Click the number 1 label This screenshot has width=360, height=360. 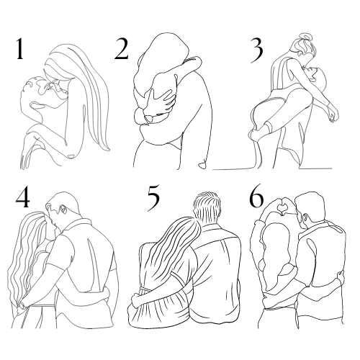click(19, 49)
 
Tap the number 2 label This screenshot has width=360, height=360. click(122, 49)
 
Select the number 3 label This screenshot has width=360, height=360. click(257, 51)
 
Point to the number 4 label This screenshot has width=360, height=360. click(23, 199)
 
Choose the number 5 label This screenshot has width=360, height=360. click(153, 199)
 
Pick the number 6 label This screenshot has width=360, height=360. click(256, 199)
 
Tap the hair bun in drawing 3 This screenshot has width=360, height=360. click(305, 37)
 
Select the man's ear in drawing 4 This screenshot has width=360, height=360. click(64, 210)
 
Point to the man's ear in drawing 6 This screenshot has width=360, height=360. click(306, 217)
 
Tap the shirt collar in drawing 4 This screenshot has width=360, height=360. click(77, 225)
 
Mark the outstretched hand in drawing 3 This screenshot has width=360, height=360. click(333, 115)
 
